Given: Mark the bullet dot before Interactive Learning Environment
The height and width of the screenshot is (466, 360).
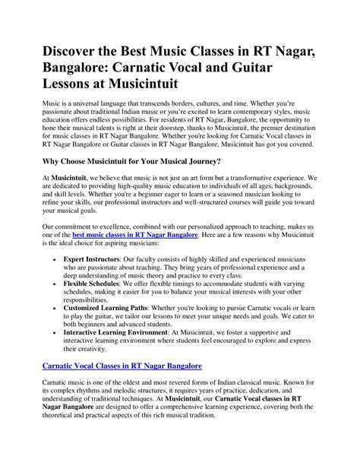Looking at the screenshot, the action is [x=58, y=353].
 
